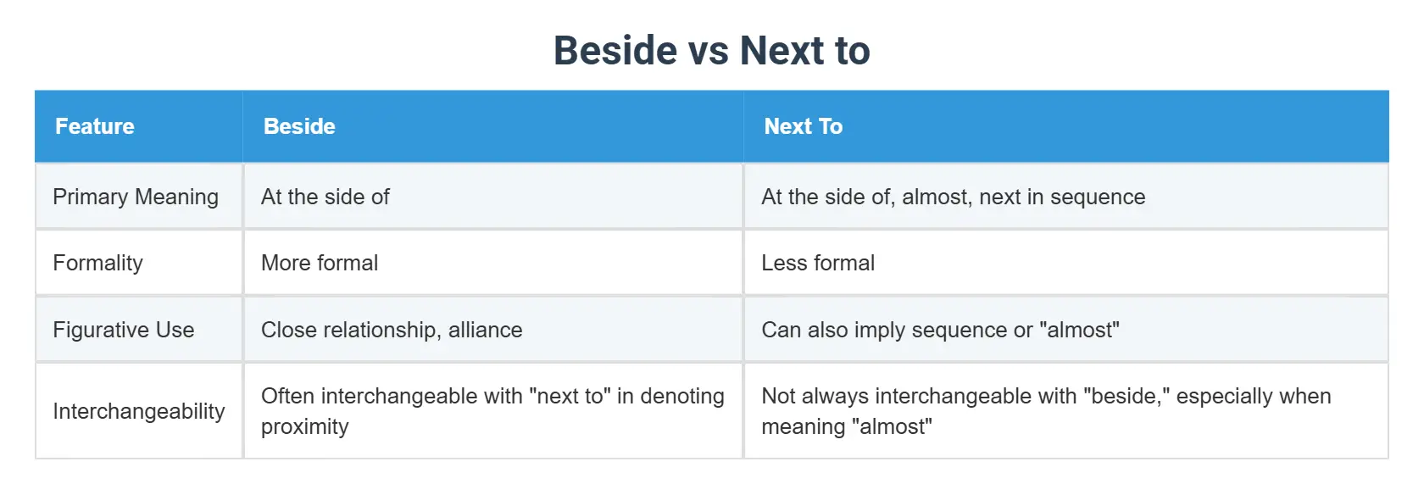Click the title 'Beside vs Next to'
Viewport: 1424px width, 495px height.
coord(711,51)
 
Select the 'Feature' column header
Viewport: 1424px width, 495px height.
coord(95,126)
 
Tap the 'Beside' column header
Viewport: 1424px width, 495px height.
coord(299,126)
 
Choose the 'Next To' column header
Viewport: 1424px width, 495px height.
coord(803,126)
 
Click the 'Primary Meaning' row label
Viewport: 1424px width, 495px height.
coord(136,197)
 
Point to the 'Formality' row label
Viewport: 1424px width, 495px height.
coord(97,263)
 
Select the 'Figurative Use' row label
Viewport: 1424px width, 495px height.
coord(124,330)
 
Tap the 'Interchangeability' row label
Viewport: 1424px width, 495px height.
coord(139,411)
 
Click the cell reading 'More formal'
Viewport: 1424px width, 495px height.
coord(320,263)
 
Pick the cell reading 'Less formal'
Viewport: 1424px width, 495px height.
coord(818,263)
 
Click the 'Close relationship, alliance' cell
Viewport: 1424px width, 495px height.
coord(392,330)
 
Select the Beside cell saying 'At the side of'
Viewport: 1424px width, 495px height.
coord(325,197)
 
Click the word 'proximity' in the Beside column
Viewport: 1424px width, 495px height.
coord(304,426)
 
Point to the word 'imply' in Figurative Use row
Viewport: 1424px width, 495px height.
coord(879,330)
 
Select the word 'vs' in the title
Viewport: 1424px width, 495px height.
coord(708,51)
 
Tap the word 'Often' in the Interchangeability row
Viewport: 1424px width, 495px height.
coord(287,396)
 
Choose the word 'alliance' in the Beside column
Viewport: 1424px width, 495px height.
coord(485,330)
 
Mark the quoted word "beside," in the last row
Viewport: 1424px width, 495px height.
coord(1123,396)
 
